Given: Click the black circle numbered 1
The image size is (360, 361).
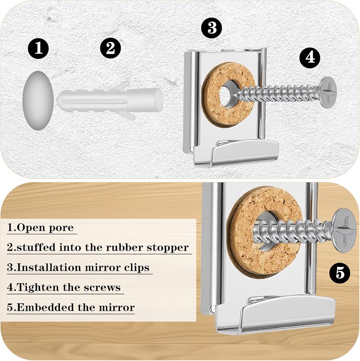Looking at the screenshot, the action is point(38,49).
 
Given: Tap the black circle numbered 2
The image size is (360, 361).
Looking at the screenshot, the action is point(110,48).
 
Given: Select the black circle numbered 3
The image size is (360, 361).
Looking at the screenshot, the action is point(212,28).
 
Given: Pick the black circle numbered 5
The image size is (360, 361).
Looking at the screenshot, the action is point(340,273).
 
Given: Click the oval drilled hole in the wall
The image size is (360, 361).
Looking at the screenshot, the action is point(38,101).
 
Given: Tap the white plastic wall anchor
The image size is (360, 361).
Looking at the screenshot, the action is point(109,101).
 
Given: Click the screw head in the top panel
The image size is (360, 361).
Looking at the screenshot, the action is point(328,92).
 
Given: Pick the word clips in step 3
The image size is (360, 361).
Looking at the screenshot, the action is point(137,268).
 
